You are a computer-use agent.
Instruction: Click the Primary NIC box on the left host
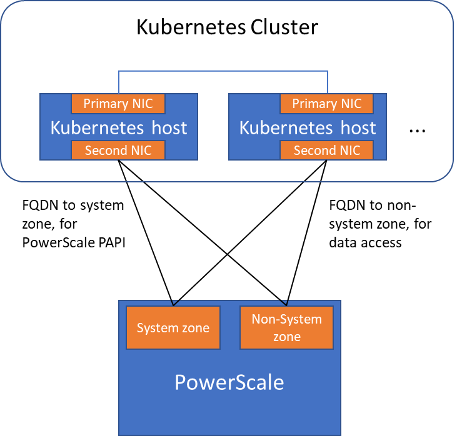pyautogui.click(x=118, y=104)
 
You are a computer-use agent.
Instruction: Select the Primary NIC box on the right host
pyautogui.click(x=326, y=104)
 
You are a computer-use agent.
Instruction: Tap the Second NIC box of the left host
pyautogui.click(x=118, y=150)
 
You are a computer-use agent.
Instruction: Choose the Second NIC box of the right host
pyautogui.click(x=326, y=150)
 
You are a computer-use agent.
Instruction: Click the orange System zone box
pyautogui.click(x=173, y=327)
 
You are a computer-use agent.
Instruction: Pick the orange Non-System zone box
pyautogui.click(x=286, y=327)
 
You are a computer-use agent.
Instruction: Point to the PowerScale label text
pyautogui.click(x=229, y=382)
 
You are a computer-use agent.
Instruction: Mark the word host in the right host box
pyautogui.click(x=358, y=128)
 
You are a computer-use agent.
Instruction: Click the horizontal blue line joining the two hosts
pyautogui.click(x=223, y=71)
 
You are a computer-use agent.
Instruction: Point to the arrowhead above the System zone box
pyautogui.click(x=175, y=302)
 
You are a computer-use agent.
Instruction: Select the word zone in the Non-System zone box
pyautogui.click(x=286, y=337)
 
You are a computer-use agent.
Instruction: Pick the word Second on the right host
pyautogui.click(x=311, y=150)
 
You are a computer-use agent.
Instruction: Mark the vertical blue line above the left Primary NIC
pyautogui.click(x=118, y=82)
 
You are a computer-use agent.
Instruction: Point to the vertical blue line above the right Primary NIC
pyautogui.click(x=326, y=82)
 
